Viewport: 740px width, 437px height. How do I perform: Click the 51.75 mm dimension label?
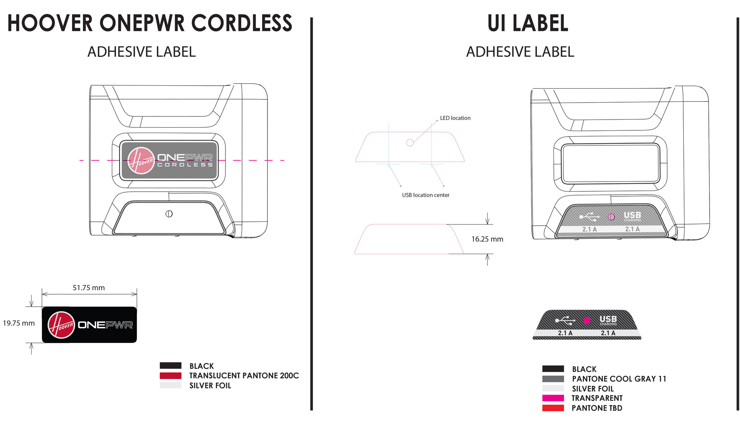pos(89,288)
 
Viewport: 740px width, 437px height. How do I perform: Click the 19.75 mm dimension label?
pos(19,323)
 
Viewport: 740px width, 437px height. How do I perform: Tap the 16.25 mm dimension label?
pos(487,239)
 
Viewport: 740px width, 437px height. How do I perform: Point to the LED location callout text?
pos(455,118)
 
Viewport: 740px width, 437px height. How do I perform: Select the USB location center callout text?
pos(425,195)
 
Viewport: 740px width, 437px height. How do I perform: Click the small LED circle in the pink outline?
pos(410,143)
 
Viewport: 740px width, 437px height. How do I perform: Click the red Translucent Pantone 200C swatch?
pos(170,375)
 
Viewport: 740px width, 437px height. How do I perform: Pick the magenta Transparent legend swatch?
pos(553,398)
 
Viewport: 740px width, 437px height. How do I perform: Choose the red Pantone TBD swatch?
pos(553,408)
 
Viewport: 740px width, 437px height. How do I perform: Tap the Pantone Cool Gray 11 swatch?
pos(553,379)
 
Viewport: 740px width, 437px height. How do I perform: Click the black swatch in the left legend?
pos(170,365)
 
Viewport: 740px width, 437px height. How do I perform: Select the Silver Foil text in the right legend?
pos(593,389)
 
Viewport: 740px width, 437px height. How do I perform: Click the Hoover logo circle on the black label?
pos(61,325)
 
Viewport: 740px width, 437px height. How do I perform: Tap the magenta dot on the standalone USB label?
pos(587,320)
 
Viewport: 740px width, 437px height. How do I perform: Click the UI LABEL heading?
pos(528,23)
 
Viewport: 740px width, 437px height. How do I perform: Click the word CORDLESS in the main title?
pos(242,23)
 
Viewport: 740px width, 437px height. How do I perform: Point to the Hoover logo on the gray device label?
pos(141,160)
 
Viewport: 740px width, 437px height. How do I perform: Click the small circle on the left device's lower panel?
pos(169,214)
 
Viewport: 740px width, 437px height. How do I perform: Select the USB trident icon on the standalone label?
pos(565,320)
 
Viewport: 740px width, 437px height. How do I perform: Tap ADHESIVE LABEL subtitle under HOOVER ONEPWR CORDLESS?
pos(141,52)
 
